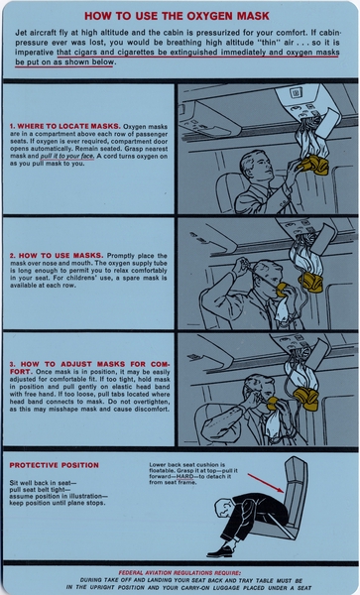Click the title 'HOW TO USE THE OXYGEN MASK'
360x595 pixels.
[x=180, y=17]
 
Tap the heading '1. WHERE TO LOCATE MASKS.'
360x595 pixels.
[x=64, y=127]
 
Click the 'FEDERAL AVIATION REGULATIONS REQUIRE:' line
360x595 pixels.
[x=180, y=572]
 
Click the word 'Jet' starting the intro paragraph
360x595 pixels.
[x=22, y=33]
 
